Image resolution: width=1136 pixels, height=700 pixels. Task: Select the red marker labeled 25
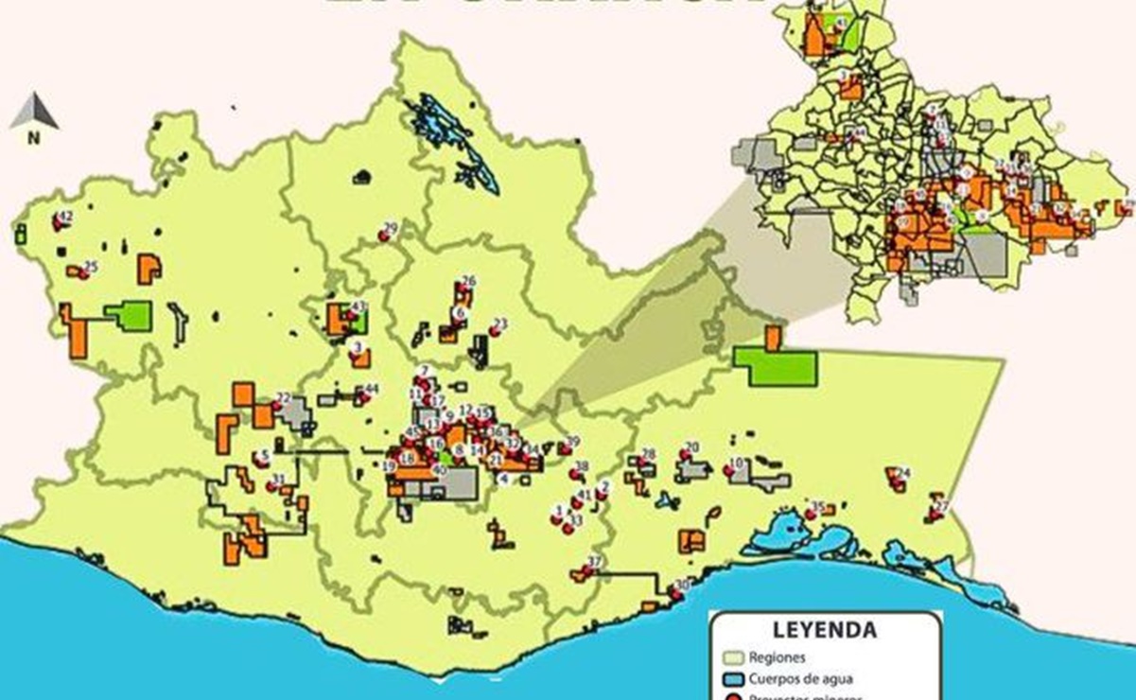86,271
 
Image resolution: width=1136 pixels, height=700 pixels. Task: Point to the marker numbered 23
496,329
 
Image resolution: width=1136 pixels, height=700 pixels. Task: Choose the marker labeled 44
365,394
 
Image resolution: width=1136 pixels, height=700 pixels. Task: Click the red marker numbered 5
261,460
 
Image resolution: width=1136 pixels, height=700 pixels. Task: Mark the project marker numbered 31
274,483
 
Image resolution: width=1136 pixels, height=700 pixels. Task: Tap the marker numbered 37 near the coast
589,569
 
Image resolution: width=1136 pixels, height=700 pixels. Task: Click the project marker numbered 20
687,452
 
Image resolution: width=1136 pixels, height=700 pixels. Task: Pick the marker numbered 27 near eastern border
936,511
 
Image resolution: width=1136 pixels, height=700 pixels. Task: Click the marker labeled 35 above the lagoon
813,511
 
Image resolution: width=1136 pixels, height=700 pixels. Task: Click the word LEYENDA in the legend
824,629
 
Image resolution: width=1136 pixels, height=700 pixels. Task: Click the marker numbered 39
568,446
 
